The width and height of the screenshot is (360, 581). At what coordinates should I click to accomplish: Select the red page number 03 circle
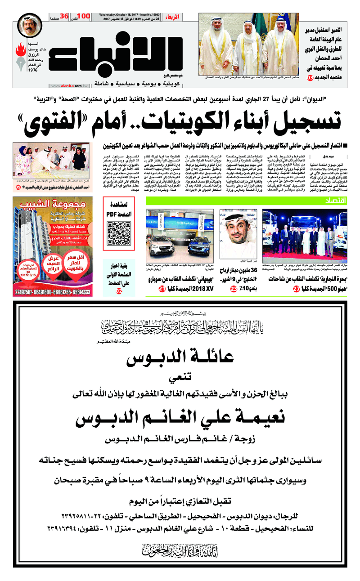pyautogui.click(x=310, y=78)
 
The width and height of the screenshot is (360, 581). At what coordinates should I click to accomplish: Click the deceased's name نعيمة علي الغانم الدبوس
pyautogui.click(x=180, y=418)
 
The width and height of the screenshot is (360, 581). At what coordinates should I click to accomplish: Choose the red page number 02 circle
pyautogui.click(x=119, y=291)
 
